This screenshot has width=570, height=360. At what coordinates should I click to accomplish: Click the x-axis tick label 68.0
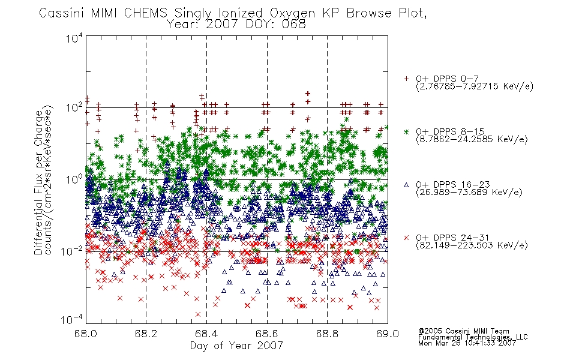[x=86, y=334]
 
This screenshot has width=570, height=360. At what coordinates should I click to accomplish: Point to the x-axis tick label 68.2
[x=146, y=334]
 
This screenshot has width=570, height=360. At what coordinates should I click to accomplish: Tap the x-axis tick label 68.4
[x=207, y=334]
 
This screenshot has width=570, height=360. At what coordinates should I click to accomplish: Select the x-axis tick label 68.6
[x=267, y=334]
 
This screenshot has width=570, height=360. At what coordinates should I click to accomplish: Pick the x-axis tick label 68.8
[x=328, y=334]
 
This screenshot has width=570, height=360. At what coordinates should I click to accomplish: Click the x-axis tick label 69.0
[x=388, y=334]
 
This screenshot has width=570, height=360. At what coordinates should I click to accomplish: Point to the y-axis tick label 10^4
[x=74, y=38]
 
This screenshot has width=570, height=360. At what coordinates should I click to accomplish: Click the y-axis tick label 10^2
[x=74, y=107]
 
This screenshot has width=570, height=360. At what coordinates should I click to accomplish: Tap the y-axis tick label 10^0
[x=74, y=179]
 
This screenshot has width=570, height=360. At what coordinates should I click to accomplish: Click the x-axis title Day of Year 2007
[x=236, y=346]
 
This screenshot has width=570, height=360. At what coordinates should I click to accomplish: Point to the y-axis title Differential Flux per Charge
[x=38, y=182]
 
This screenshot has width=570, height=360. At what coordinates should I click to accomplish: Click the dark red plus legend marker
[x=406, y=79]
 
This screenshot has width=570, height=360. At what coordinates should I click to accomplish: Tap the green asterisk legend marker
[x=406, y=131]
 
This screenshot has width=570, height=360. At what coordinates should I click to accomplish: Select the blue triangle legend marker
[x=406, y=185]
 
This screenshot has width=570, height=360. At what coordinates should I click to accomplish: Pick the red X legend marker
[x=406, y=238]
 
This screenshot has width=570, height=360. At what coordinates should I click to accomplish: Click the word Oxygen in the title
[x=293, y=13]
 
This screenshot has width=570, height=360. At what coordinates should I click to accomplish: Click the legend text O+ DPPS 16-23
[x=453, y=185]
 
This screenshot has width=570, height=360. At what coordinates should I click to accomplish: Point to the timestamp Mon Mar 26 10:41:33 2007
[x=467, y=343]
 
